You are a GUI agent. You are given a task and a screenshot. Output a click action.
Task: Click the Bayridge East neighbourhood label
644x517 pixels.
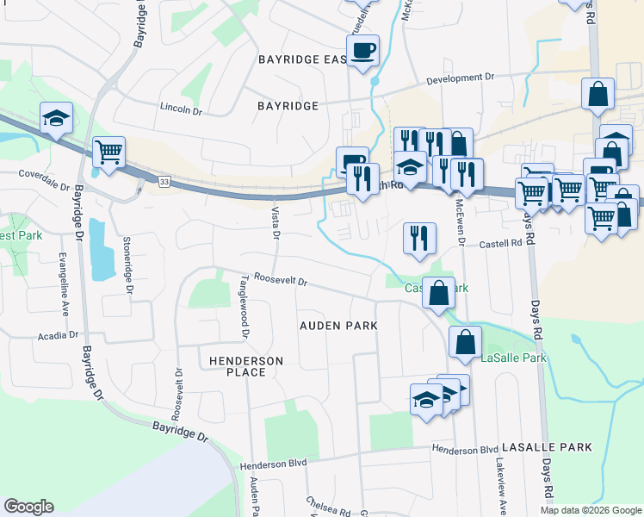pos(301,59)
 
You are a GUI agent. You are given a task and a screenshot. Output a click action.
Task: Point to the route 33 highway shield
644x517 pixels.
pos(164,181)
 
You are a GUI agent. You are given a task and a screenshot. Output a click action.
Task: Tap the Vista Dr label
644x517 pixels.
pos(276,223)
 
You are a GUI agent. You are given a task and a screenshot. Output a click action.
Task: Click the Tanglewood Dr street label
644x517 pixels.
pos(245,306)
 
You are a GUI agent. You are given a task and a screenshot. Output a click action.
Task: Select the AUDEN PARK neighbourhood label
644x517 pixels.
pos(338,326)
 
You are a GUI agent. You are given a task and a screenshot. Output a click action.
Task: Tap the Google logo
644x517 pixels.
pos(28,507)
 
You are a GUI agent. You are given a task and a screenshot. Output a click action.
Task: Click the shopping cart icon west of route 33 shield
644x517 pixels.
pos(108,153)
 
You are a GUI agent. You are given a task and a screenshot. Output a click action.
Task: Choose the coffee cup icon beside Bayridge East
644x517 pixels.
pos(362,49)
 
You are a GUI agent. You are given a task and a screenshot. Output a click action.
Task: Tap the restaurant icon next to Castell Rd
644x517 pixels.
pos(419,238)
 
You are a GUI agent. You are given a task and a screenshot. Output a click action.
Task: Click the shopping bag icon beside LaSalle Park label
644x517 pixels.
pos(465,342)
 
